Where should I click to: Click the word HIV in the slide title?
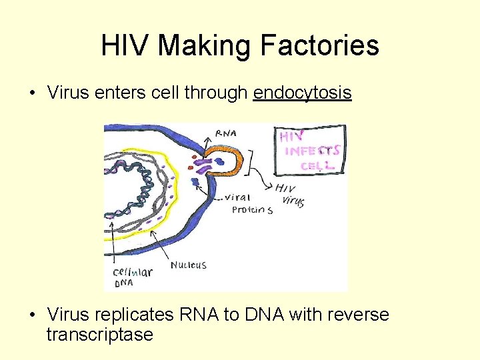click(125, 46)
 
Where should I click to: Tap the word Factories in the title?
click(320, 46)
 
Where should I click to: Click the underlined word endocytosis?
click(302, 93)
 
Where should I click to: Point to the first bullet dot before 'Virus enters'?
click(33, 93)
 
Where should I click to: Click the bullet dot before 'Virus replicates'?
click(33, 315)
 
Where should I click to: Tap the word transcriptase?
click(99, 334)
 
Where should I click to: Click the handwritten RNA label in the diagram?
click(225, 133)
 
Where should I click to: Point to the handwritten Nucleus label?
click(189, 265)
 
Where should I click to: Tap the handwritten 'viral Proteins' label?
click(248, 203)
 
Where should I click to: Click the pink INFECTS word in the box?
click(312, 151)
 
